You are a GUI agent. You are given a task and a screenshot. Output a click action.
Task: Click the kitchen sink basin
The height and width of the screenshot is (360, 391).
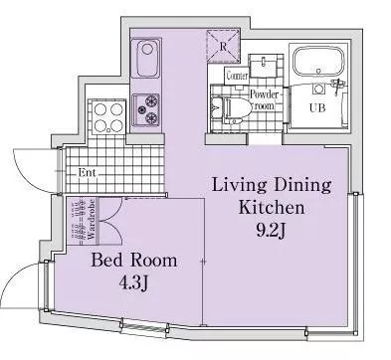(146, 58)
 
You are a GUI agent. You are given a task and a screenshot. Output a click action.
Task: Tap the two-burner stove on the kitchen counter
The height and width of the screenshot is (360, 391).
(146, 109)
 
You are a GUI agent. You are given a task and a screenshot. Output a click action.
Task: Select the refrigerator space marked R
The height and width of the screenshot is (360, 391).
(224, 46)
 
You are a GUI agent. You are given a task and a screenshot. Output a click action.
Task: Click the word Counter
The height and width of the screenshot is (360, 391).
(237, 76)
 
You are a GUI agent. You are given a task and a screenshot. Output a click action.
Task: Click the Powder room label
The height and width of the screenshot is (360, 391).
(265, 99)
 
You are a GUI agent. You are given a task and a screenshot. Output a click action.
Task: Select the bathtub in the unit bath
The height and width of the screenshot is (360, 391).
(318, 64)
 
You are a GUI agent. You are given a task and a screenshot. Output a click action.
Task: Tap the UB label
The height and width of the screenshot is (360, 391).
(317, 108)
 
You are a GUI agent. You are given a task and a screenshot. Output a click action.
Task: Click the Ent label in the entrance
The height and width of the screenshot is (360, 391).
(87, 172)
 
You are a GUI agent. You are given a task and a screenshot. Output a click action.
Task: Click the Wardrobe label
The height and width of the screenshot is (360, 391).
(92, 220)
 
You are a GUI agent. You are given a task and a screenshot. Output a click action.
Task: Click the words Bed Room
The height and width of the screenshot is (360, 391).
(134, 261)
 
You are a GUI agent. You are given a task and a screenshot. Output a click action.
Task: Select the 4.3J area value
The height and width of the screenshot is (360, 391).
(133, 283)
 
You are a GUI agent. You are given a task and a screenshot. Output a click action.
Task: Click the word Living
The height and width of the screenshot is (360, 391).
(239, 186)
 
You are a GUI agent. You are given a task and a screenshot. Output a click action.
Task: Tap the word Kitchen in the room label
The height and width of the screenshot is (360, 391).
(272, 207)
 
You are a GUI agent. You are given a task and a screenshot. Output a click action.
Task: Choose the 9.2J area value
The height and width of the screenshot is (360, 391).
(271, 230)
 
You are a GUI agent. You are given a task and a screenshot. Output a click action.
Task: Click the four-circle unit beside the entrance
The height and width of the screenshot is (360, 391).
(108, 117)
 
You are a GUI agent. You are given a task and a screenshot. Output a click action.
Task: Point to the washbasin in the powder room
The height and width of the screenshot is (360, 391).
(264, 67)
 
